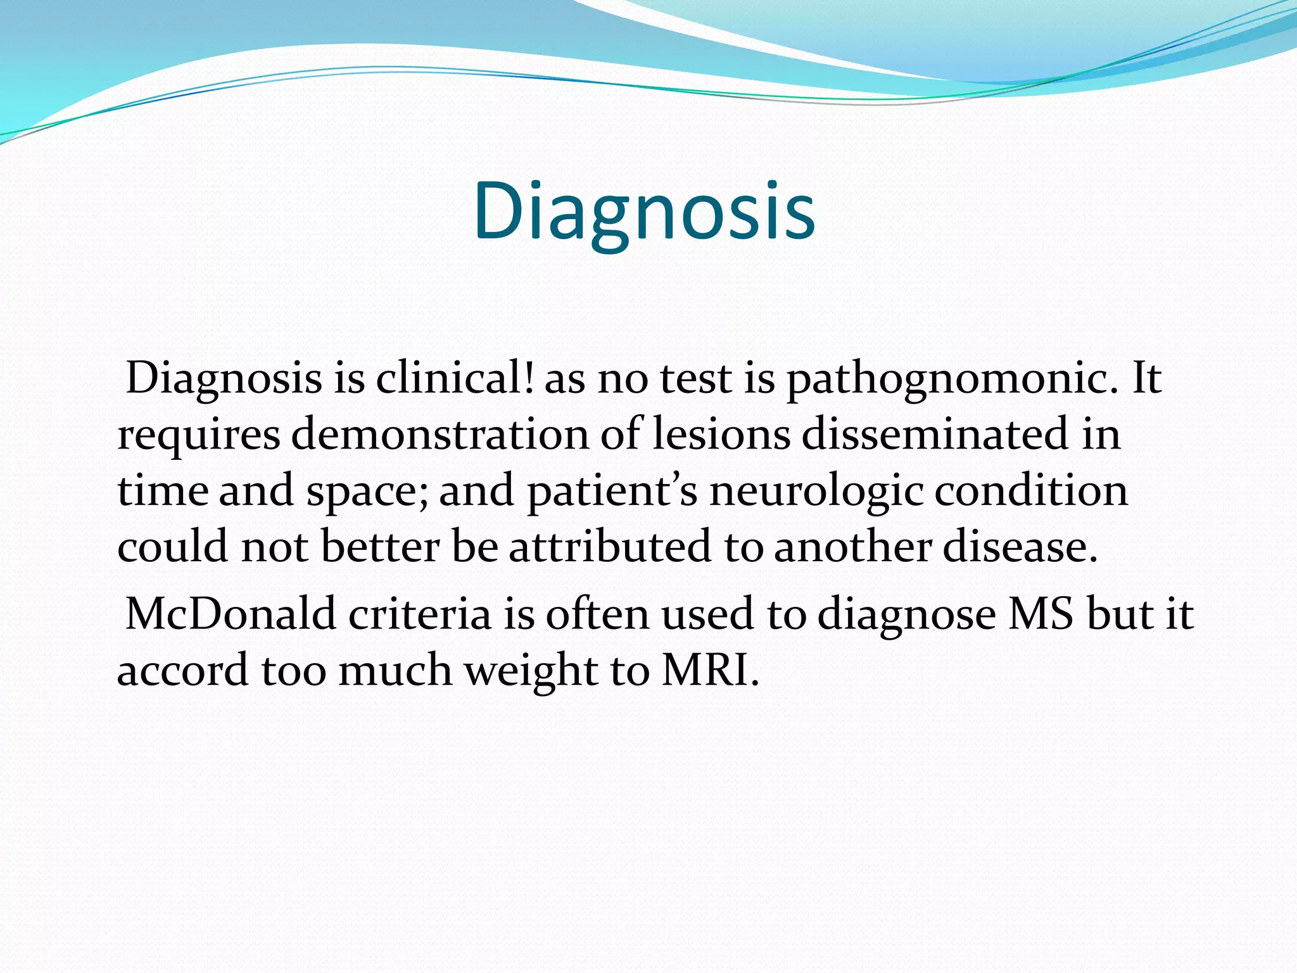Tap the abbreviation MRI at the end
(x=709, y=670)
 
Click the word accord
(x=183, y=670)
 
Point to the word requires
(x=199, y=436)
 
